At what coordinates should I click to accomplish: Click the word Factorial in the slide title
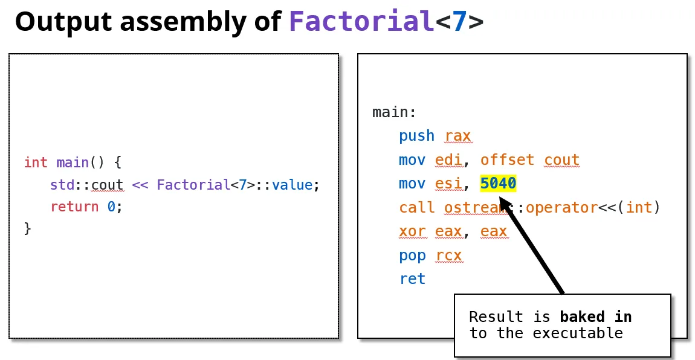361,22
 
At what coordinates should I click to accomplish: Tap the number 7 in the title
460,22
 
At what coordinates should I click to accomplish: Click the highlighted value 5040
498,184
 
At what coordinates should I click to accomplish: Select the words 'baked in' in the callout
595,317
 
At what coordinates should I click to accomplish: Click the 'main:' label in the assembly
394,112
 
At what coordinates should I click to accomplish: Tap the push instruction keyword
416,136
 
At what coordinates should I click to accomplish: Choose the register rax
457,136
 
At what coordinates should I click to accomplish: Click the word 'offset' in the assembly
507,160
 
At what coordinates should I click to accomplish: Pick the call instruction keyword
416,208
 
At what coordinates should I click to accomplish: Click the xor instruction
412,231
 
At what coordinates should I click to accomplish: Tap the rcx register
448,256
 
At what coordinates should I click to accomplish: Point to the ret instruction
412,279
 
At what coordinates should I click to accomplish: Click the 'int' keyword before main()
36,162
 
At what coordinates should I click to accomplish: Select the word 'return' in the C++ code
74,207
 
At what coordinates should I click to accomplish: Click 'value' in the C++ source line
292,185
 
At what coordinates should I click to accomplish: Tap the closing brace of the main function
27,228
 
